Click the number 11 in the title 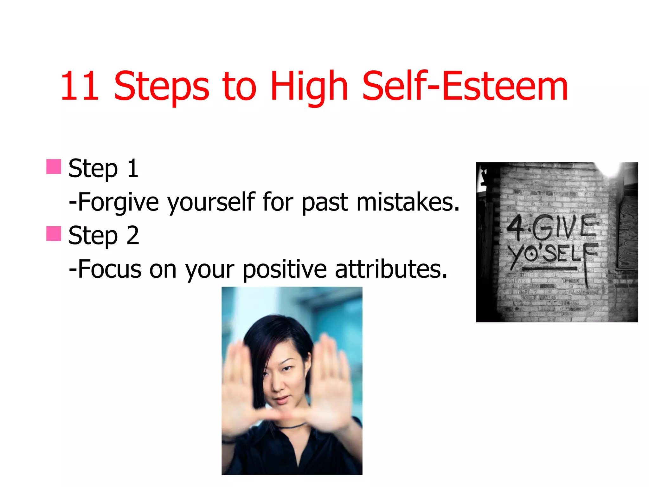click(80, 86)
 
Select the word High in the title click(309, 86)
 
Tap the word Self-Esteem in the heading click(465, 86)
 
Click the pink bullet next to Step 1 click(54, 167)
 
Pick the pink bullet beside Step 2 click(54, 234)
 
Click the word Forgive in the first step click(118, 202)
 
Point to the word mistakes click(408, 202)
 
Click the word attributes click(391, 269)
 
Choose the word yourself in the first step click(211, 202)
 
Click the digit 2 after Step click(133, 235)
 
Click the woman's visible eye click(287, 368)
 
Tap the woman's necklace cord click(293, 425)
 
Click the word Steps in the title click(161, 86)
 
